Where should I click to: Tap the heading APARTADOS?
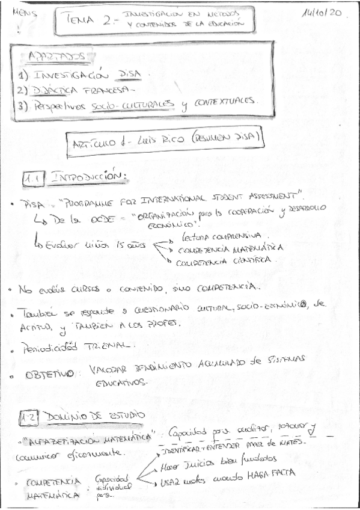[55, 57]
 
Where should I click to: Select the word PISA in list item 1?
[128, 75]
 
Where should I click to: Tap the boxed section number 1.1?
[32, 179]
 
